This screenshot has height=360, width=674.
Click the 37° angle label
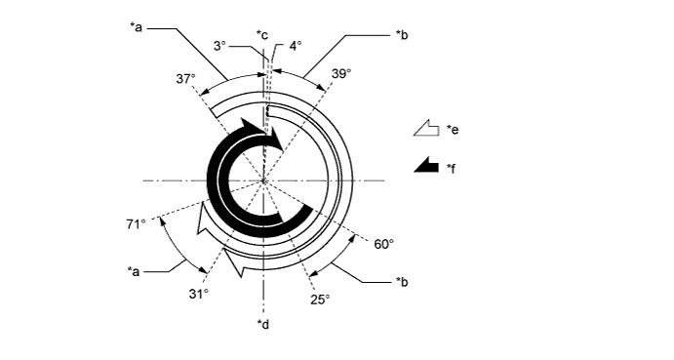[x=185, y=79]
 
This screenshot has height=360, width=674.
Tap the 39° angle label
[x=341, y=73]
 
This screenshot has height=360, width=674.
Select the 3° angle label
[x=219, y=46]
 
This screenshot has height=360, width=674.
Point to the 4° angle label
[x=296, y=46]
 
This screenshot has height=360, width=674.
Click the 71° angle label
[x=136, y=224]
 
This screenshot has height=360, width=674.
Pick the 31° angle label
[x=199, y=294]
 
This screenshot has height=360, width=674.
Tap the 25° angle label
[x=320, y=300]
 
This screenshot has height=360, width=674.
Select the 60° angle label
[x=384, y=244]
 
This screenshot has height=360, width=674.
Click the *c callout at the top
[x=262, y=34]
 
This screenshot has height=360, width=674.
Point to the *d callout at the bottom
[x=263, y=324]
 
